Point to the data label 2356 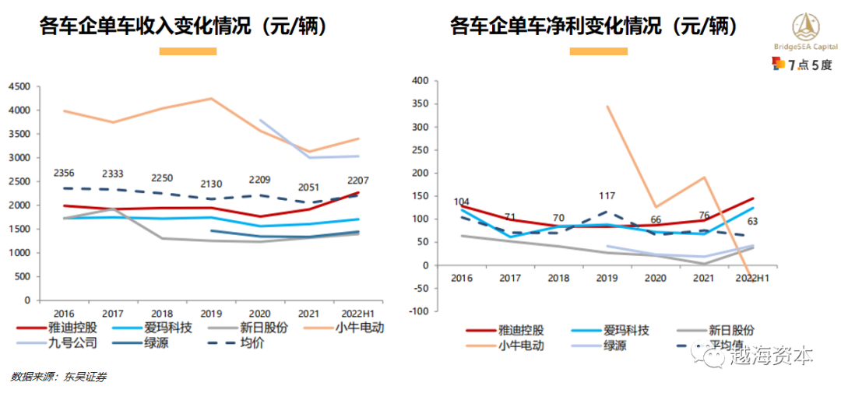(65, 173)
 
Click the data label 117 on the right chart (610, 196)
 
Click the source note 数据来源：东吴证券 (58, 377)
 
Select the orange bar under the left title (188, 51)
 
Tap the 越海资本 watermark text (771, 356)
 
